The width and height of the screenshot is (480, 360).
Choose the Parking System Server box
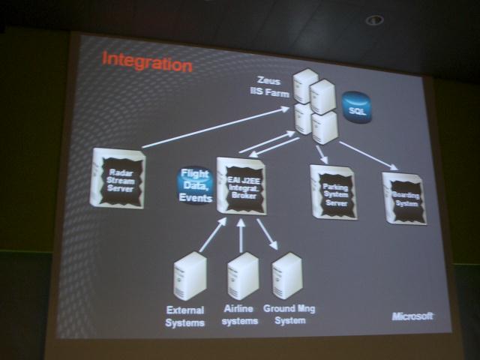click(x=333, y=192)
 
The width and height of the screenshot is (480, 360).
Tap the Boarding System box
click(x=404, y=197)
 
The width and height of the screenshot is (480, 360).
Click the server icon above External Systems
click(x=189, y=275)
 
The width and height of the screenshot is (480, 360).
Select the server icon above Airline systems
click(x=242, y=274)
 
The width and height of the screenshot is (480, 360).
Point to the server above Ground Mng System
click(x=287, y=275)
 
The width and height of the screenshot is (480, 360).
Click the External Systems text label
click(x=185, y=316)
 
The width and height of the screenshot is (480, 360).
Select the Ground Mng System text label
click(x=290, y=316)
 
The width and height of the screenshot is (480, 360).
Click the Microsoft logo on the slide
click(x=412, y=316)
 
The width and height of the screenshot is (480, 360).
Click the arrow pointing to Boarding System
click(x=367, y=154)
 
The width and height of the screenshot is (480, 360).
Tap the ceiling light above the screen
click(x=374, y=20)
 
